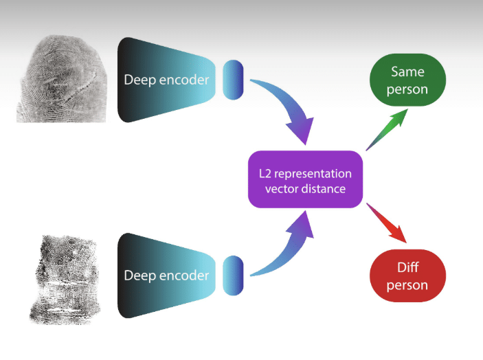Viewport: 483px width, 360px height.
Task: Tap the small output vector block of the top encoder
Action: coord(234,80)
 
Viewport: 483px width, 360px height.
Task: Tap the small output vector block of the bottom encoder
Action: coord(234,275)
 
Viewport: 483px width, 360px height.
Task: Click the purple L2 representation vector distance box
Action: coord(304,180)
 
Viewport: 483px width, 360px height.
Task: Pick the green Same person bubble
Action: coord(407,80)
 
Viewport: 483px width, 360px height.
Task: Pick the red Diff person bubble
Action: coord(407,277)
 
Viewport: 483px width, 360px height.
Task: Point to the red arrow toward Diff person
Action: coord(389,223)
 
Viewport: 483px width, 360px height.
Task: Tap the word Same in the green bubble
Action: coord(407,71)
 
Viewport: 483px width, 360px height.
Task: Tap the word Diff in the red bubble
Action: coord(407,268)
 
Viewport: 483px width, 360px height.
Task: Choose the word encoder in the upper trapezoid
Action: coord(183,80)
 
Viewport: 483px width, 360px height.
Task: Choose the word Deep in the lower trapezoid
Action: coord(139,276)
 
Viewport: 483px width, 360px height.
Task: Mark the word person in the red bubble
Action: coord(407,285)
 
